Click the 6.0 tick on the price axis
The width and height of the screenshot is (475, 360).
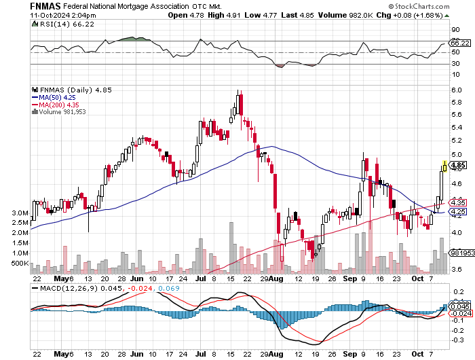457,90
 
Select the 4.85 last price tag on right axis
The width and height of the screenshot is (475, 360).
457,165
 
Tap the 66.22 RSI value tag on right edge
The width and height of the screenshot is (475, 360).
458,43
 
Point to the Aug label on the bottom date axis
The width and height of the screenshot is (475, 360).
277,278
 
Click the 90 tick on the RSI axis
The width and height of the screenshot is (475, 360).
455,31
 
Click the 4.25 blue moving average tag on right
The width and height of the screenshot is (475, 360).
457,212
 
